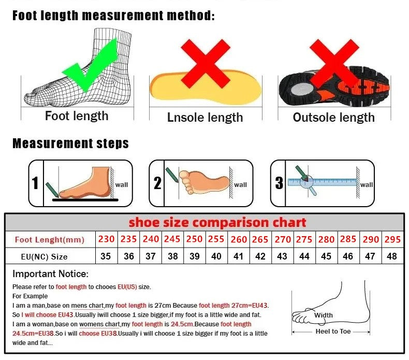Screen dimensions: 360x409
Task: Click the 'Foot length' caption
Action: (77, 116)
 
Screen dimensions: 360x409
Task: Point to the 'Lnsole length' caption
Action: (205, 118)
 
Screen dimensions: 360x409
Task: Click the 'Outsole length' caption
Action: (333, 118)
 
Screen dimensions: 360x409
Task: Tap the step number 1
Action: (35, 183)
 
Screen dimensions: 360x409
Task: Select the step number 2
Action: (157, 183)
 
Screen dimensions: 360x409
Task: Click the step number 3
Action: (279, 183)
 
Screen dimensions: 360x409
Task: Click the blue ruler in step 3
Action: (331, 182)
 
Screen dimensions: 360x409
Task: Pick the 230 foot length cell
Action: (106, 239)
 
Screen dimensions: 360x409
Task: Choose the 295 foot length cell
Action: (392, 239)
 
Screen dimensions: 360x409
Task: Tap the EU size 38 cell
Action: (172, 256)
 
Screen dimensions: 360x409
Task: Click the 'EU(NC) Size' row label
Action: (45, 256)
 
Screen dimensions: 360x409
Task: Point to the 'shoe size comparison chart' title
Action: (217, 222)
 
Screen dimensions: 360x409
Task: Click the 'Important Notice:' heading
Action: (51, 273)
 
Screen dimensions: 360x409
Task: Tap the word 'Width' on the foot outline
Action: (324, 315)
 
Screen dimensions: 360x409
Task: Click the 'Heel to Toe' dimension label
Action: (333, 331)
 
